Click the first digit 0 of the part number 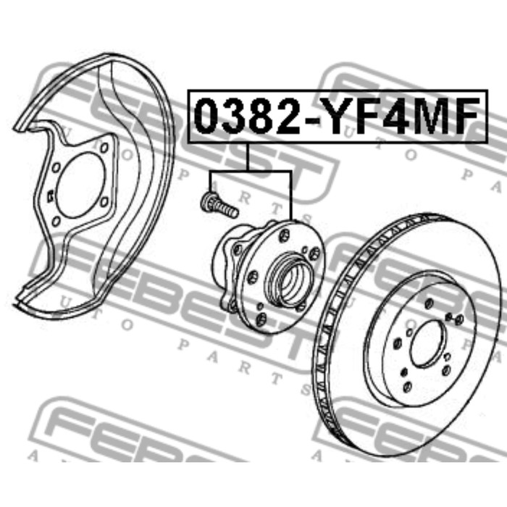point(208,116)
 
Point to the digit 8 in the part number point(261,116)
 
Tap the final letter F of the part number point(463,116)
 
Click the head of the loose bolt point(208,202)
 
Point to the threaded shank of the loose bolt point(227,209)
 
